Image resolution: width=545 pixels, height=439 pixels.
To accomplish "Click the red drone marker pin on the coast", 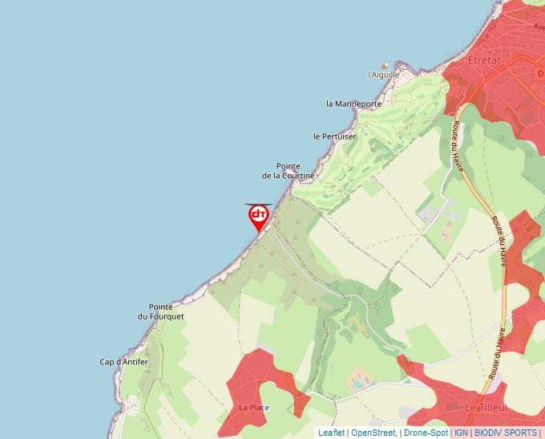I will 258,216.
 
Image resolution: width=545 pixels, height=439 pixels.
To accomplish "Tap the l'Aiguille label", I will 383,75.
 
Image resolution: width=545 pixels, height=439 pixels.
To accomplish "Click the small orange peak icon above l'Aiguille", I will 385,66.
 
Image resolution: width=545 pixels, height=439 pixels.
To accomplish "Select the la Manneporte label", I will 353,104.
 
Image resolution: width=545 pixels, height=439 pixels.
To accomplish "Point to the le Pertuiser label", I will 334,136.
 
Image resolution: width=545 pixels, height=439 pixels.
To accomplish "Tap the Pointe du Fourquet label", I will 166,311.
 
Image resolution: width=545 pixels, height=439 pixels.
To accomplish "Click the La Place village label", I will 254,408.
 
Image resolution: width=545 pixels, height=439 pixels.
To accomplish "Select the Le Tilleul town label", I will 485,408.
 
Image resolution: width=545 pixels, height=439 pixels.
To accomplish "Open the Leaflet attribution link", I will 331,433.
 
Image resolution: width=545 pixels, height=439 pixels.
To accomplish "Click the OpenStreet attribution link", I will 373,433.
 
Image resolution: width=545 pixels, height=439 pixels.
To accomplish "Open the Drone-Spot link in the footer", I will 426,433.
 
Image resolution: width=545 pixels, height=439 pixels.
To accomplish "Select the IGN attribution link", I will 461,433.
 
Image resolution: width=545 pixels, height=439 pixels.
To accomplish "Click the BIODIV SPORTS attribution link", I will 506,433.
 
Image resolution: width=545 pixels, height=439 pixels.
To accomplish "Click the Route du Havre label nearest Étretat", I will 458,144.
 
